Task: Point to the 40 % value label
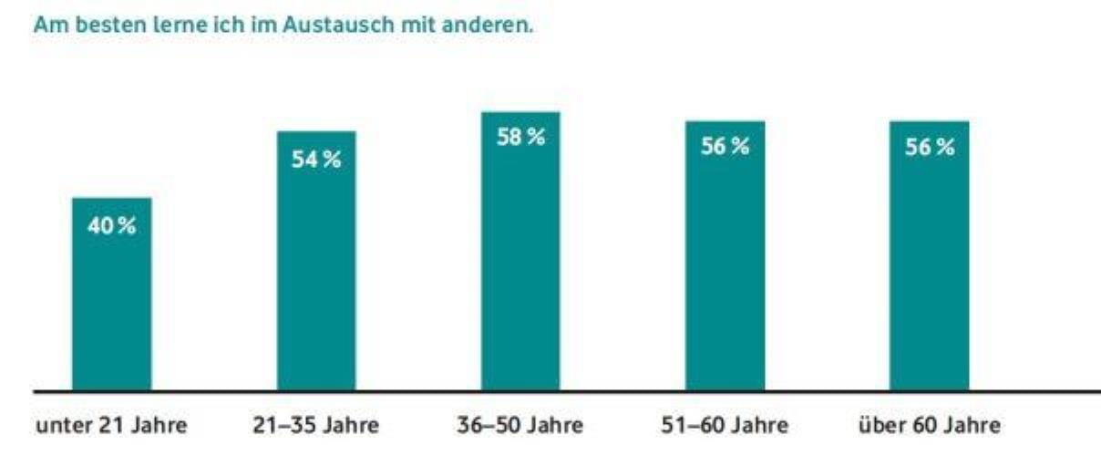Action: point(111,227)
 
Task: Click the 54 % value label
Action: point(316,160)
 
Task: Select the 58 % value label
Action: point(520,139)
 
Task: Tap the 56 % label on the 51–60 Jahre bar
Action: point(725,149)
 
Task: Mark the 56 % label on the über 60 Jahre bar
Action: point(930,149)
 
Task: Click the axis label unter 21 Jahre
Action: point(112,425)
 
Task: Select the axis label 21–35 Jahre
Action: point(315,425)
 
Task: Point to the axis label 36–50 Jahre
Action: point(520,425)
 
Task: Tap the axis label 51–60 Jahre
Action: point(725,425)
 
